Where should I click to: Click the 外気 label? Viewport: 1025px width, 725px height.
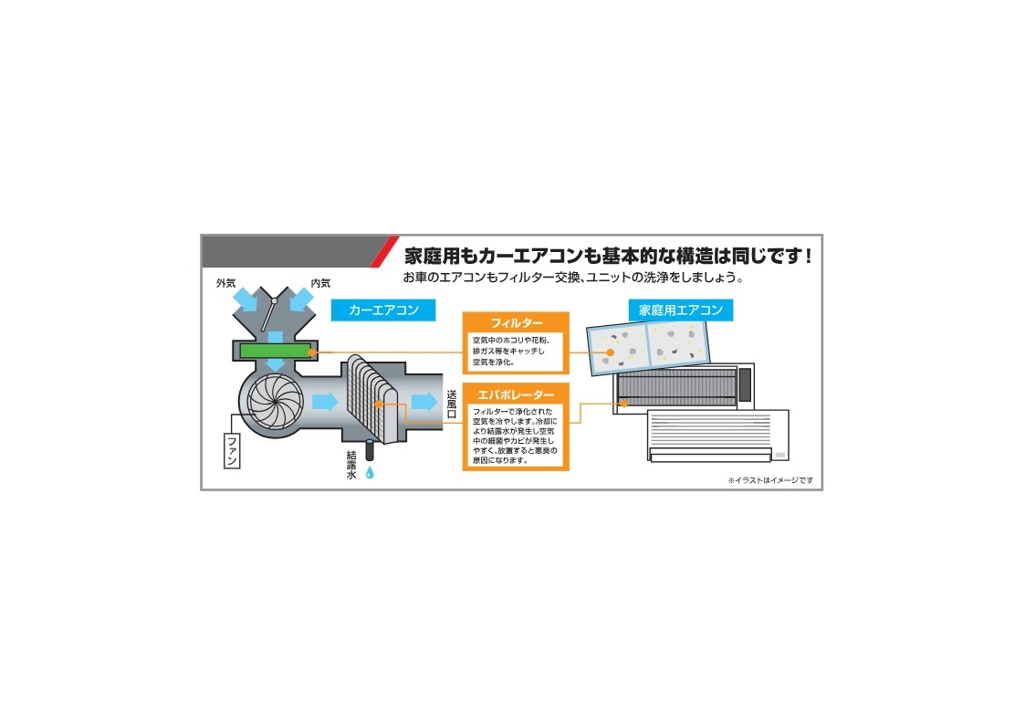click(x=225, y=283)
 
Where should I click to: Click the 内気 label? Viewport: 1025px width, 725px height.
click(x=320, y=283)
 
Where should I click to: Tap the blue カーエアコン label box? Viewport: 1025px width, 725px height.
click(x=383, y=310)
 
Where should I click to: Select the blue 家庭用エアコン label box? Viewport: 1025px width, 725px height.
click(x=681, y=310)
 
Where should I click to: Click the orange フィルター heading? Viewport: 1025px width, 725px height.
click(x=517, y=323)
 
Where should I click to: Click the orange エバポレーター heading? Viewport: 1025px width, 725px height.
click(x=516, y=394)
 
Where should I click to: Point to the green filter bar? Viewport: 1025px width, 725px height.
click(x=276, y=351)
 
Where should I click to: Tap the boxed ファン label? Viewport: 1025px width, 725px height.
click(x=232, y=450)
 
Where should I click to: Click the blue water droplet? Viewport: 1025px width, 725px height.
click(x=370, y=472)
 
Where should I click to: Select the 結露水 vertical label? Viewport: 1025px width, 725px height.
click(x=351, y=465)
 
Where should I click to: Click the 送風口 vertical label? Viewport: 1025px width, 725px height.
click(x=452, y=404)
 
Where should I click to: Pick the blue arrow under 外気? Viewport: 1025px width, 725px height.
click(x=246, y=300)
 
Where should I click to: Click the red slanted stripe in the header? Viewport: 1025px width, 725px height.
click(x=383, y=252)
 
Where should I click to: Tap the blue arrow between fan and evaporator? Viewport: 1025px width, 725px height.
click(x=325, y=402)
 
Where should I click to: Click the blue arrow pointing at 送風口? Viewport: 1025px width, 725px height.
click(x=424, y=402)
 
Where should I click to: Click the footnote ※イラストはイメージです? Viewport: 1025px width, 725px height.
click(x=770, y=480)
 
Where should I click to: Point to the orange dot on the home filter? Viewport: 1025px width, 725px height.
click(x=610, y=352)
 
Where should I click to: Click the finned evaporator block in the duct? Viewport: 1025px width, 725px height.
click(x=372, y=399)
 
